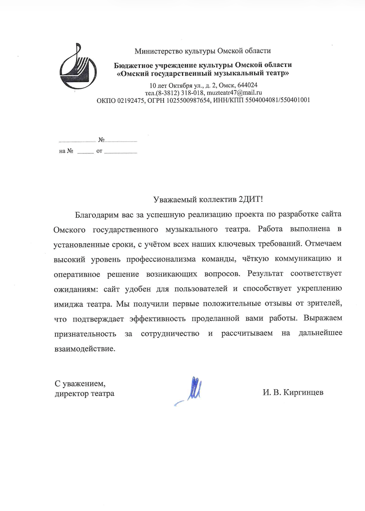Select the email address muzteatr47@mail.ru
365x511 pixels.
(235, 93)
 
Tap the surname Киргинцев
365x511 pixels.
(303, 393)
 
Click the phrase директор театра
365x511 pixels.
(85, 394)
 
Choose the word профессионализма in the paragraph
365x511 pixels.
(161, 259)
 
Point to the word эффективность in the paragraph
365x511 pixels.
(158, 319)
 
